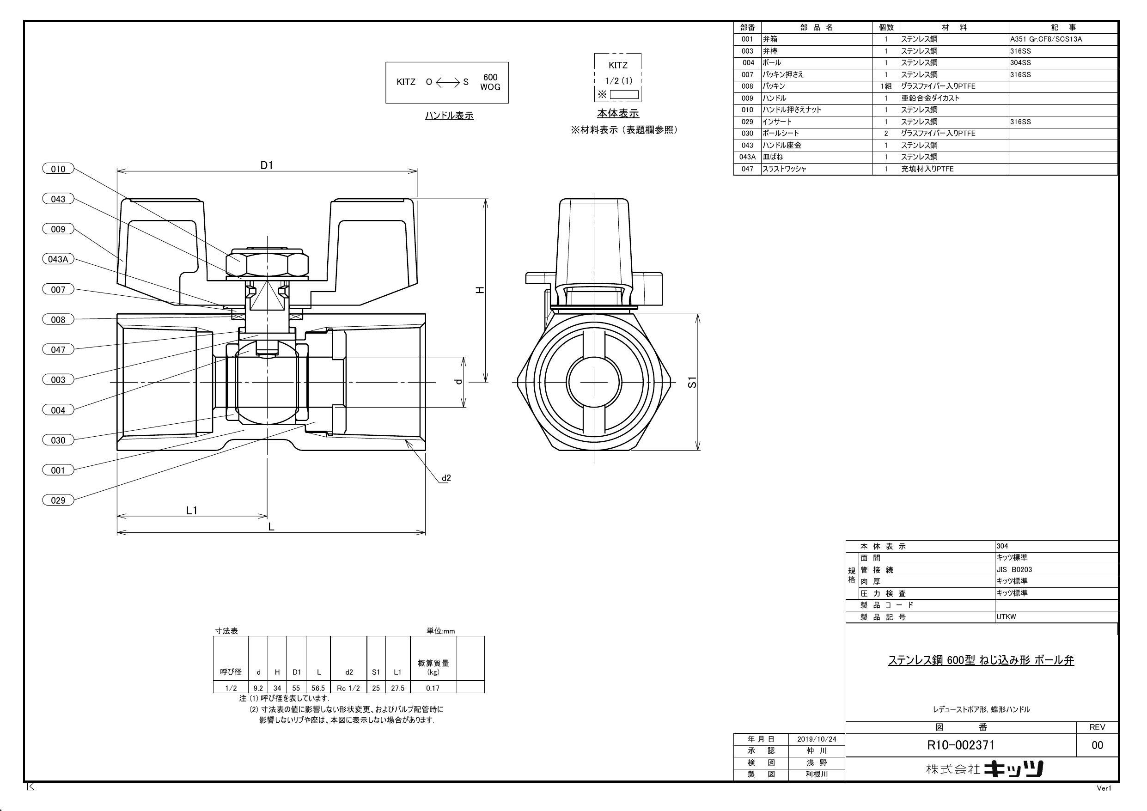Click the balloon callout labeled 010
point(58,169)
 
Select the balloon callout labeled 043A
point(58,259)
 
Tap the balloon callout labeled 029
point(58,500)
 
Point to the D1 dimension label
point(267,165)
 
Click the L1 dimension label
point(192,510)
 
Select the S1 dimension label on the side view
point(692,383)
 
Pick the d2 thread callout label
point(446,478)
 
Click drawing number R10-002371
point(961,745)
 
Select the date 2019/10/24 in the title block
point(817,739)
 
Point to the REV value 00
point(1097,745)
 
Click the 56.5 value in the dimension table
point(318,688)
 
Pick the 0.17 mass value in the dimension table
point(433,688)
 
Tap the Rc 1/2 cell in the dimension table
point(348,688)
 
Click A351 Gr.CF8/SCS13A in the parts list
point(1046,39)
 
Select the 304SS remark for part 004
point(1020,62)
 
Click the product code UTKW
point(1006,616)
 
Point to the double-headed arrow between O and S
point(447,82)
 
